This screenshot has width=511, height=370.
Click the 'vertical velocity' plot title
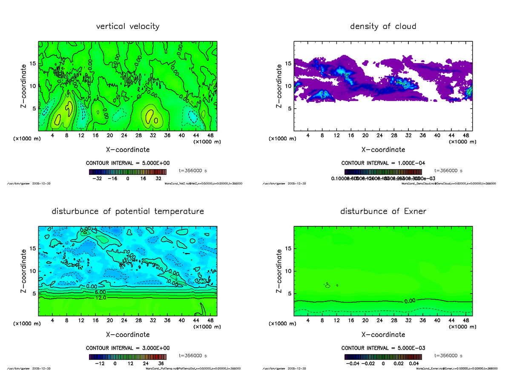(128, 26)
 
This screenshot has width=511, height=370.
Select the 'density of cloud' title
(383, 26)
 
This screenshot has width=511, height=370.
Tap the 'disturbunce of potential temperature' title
(128, 211)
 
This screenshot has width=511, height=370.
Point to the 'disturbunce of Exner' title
(383, 211)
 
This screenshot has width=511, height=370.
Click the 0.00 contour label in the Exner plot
(410, 301)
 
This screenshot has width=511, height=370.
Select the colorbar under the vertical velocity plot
(127, 172)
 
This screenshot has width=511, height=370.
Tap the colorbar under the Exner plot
(383, 357)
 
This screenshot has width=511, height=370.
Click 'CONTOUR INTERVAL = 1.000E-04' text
(383, 163)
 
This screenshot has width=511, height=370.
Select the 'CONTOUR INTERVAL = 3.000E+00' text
(128, 348)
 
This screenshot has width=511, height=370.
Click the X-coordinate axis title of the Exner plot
(383, 335)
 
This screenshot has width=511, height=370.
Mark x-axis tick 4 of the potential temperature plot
(52, 321)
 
